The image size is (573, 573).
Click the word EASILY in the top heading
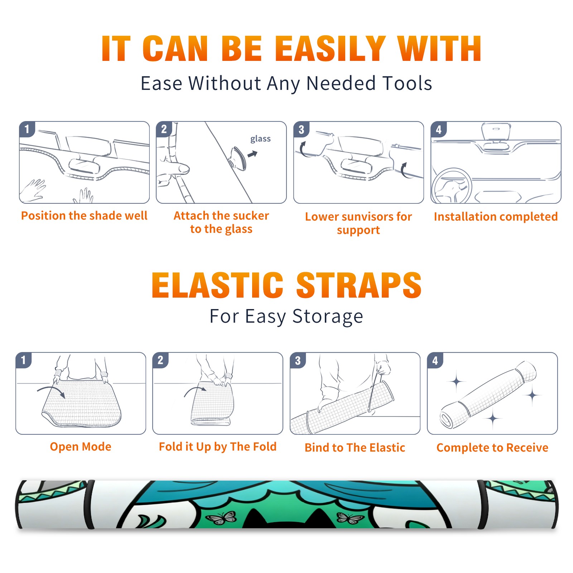pos(330,49)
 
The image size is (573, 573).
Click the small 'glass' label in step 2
pos(260,139)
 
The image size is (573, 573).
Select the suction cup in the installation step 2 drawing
pos(238,158)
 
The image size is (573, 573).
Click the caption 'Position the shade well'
pos(84,216)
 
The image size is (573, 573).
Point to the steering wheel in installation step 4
pos(452,186)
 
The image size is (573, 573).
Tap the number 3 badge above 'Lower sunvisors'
pos(301,130)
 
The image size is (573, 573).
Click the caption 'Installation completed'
pos(496,217)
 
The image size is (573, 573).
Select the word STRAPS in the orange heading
pos(359,285)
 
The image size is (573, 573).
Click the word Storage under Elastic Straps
pos(328,317)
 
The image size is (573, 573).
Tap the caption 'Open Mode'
pos(81,447)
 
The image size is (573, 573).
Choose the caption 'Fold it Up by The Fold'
pos(218,447)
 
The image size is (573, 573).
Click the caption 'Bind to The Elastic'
pos(355,448)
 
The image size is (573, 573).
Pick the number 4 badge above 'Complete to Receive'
pos(435,360)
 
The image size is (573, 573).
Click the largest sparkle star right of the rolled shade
pos(533,396)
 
